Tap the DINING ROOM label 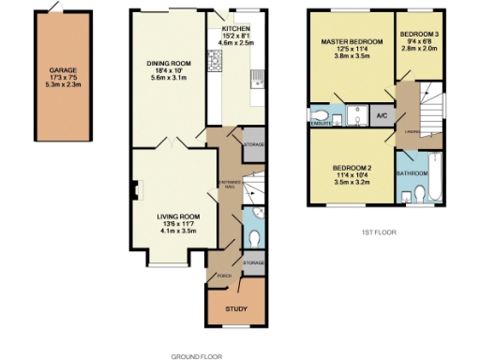pos(169,64)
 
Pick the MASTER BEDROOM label pos(352,42)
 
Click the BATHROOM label pos(412,173)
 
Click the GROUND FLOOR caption pos(196,356)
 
